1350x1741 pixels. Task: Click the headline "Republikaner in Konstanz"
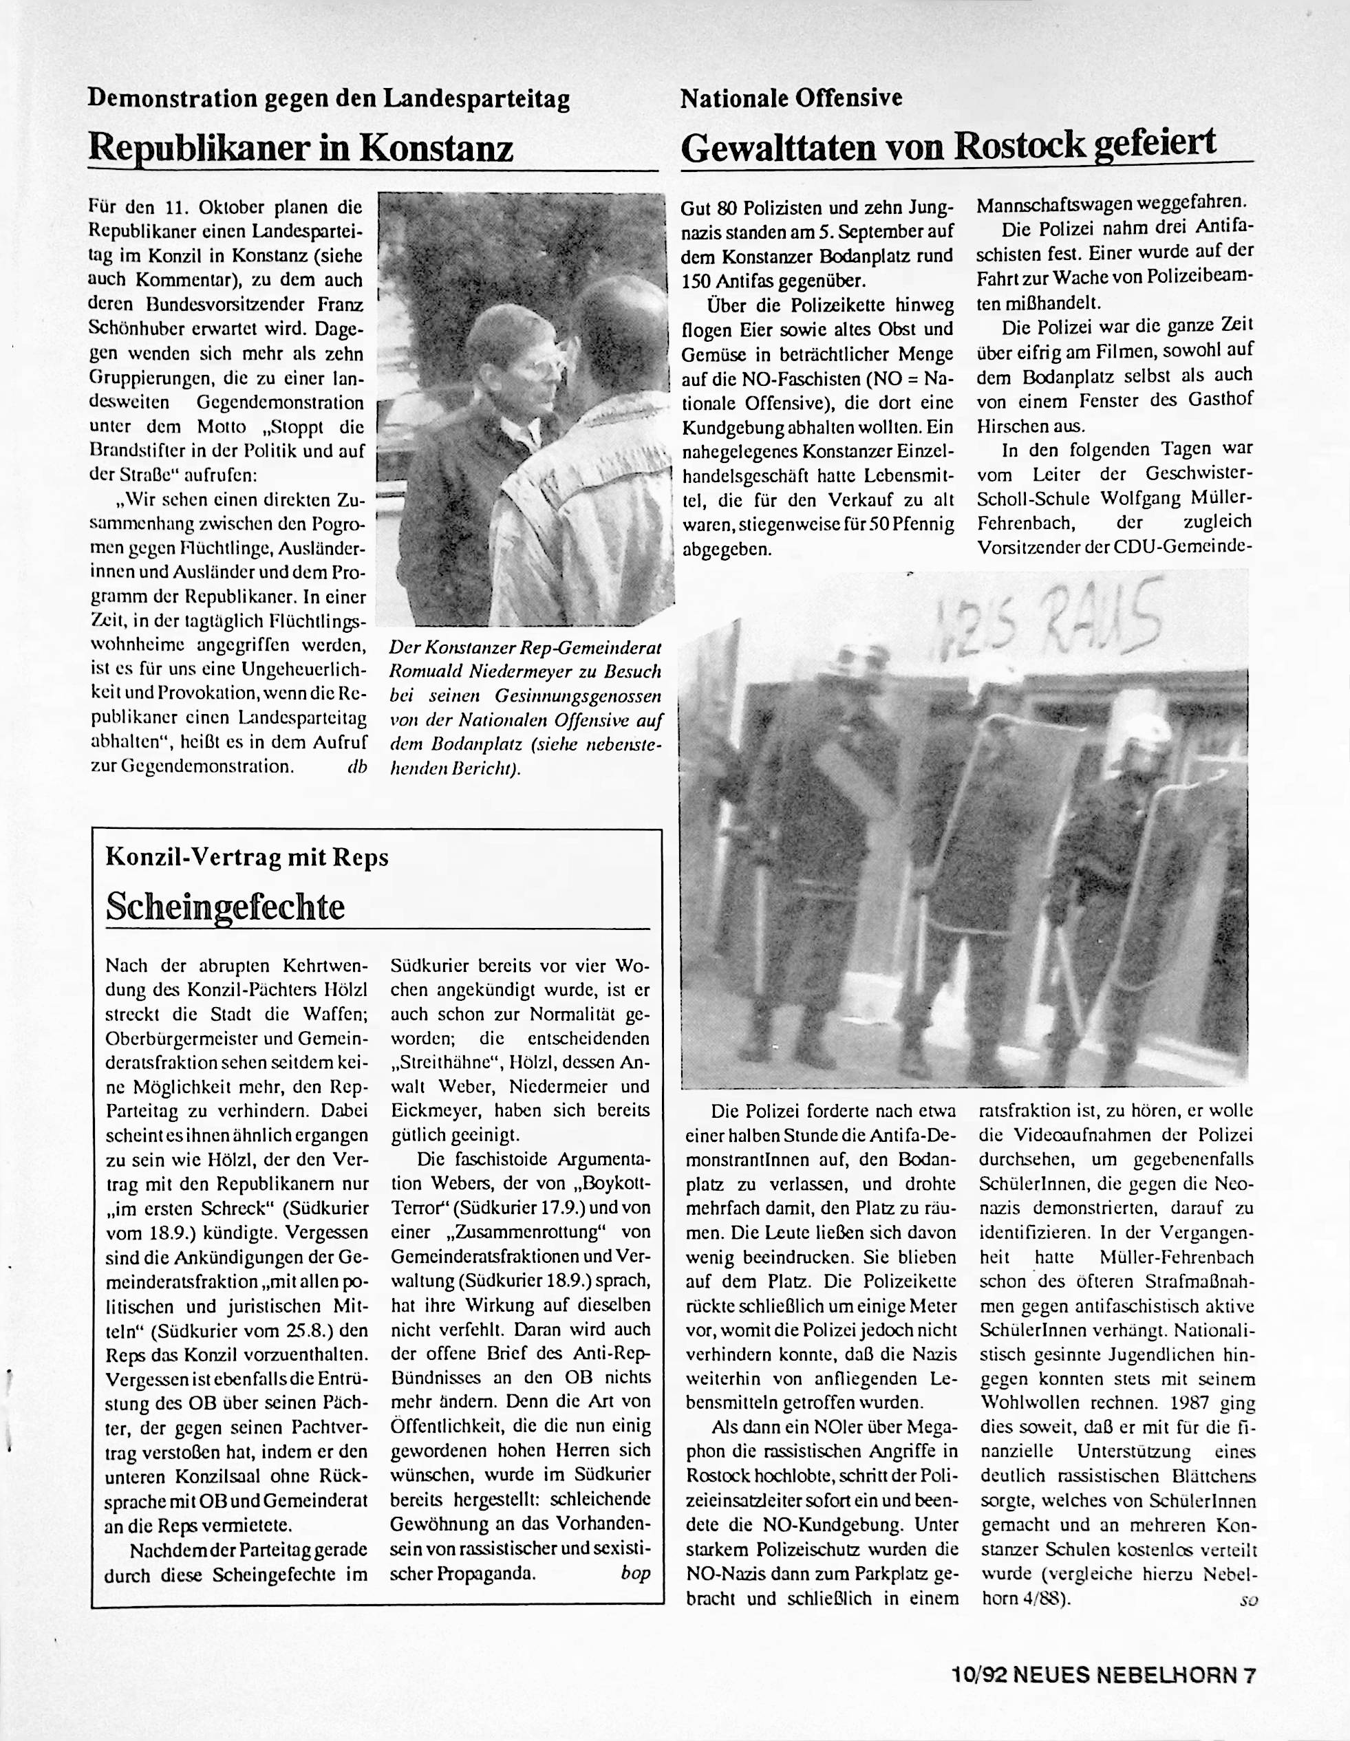point(300,147)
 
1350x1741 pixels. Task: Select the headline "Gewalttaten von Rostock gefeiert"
point(949,145)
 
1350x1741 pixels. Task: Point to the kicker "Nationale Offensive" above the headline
point(791,99)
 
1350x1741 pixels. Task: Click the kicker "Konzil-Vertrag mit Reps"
point(247,857)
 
